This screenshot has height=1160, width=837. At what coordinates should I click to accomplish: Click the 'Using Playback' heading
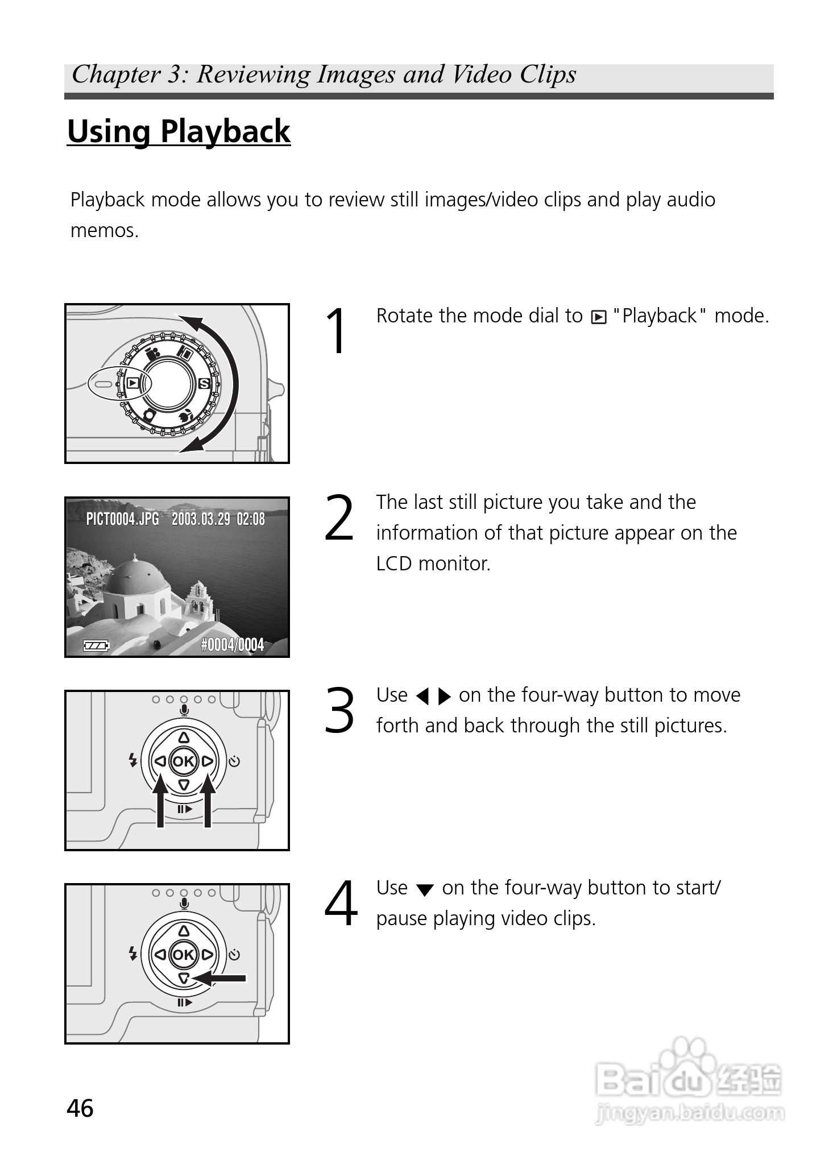[179, 132]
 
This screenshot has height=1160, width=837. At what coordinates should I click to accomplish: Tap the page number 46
[80, 1108]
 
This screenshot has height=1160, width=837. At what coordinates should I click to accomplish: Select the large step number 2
[339, 518]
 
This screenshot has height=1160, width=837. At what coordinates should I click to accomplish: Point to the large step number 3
[339, 711]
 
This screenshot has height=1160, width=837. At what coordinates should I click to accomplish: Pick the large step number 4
[341, 904]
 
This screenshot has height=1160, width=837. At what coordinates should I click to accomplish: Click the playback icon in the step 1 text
[599, 317]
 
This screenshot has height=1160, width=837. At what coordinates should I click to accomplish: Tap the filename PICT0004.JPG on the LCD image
[122, 519]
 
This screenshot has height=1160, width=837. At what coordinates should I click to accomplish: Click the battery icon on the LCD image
[96, 645]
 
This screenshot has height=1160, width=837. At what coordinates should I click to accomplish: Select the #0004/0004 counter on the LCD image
[233, 644]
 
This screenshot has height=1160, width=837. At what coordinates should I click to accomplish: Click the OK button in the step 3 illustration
[183, 761]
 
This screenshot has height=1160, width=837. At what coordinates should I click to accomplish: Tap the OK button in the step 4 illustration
[183, 954]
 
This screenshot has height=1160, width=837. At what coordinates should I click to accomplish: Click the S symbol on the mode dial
[204, 384]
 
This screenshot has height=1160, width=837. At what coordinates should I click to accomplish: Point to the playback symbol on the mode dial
[132, 383]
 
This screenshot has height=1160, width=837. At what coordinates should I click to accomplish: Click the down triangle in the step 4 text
[425, 890]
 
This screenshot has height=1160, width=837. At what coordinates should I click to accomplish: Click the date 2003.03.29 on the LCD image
[201, 519]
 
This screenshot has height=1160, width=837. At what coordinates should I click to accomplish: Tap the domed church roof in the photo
[135, 576]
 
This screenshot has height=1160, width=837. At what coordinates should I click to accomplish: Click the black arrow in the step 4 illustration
[219, 978]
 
